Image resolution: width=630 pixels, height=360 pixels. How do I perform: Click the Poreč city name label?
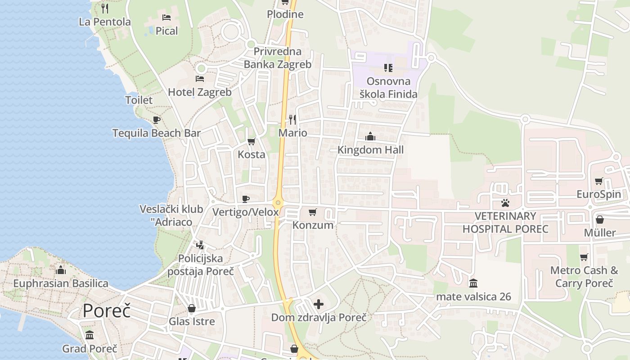(x=107, y=311)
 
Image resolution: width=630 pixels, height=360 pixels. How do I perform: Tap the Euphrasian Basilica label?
(x=61, y=283)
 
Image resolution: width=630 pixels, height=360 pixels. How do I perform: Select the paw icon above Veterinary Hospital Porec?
(x=505, y=203)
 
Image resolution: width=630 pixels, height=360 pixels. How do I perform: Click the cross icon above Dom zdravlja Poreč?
(x=319, y=304)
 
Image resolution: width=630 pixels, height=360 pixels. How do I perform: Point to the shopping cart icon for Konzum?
(x=313, y=212)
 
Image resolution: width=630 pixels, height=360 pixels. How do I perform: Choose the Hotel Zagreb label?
(x=200, y=92)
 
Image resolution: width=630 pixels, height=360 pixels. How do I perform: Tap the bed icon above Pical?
(x=166, y=18)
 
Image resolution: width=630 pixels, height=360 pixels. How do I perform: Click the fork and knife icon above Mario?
(x=292, y=119)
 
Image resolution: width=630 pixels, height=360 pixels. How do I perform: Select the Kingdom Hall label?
(x=370, y=150)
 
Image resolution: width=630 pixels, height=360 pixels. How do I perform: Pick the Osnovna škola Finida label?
(x=388, y=88)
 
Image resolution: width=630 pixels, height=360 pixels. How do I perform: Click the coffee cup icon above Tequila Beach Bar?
(x=156, y=120)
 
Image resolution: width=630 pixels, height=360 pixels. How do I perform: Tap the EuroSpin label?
(x=599, y=194)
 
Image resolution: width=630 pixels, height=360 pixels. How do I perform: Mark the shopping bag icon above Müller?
(x=599, y=220)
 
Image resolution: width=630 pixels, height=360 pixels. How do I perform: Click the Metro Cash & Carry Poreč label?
(x=584, y=277)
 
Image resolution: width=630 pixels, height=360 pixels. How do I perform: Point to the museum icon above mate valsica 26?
(x=473, y=283)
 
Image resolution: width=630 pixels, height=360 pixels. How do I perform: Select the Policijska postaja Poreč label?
(x=201, y=265)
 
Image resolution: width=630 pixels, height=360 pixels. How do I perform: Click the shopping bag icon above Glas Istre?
(x=192, y=308)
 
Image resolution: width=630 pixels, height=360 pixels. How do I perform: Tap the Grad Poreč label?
(x=90, y=349)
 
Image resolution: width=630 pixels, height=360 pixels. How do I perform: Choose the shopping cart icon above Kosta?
(x=252, y=141)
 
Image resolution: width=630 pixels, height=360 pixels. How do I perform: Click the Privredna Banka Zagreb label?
(x=277, y=58)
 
